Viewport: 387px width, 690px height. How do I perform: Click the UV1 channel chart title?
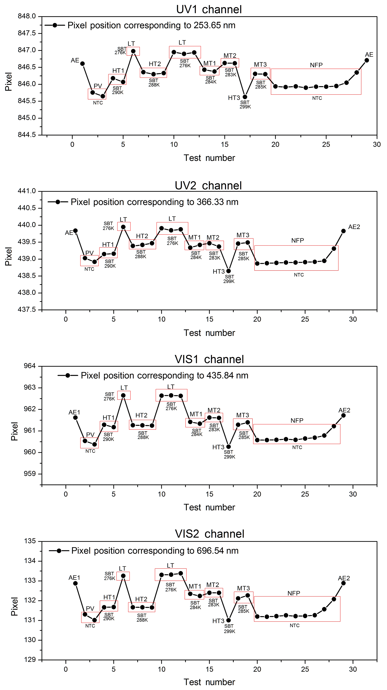pos(209,10)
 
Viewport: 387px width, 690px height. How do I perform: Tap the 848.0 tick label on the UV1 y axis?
pos(27,16)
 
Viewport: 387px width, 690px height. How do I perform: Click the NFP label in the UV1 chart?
pos(316,65)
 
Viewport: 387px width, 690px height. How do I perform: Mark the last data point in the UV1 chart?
pos(367,60)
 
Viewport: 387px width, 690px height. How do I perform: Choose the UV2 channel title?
pos(208,186)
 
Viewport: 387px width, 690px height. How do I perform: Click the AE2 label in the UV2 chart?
pos(354,227)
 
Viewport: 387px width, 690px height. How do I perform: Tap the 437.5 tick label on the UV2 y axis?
pos(27,310)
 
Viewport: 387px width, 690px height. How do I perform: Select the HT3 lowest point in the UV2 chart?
pos(228,271)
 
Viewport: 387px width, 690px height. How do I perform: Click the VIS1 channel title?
pos(209,359)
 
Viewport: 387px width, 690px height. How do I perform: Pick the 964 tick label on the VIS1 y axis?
pos(30,366)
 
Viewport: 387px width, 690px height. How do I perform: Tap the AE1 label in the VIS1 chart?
pos(74,412)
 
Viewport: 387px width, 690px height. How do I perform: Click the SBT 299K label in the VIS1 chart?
pos(229,454)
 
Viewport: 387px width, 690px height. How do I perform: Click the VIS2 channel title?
pos(210,534)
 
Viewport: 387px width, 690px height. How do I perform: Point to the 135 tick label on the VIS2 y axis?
pos(30,541)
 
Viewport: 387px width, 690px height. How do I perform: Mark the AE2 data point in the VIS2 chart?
pos(343,583)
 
